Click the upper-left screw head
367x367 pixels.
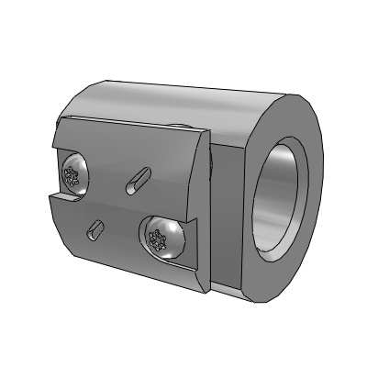click(74, 174)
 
